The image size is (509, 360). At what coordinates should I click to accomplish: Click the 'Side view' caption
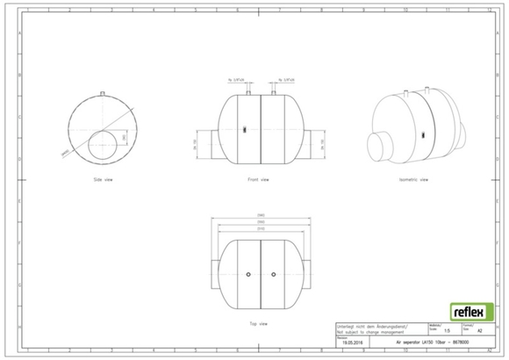pyautogui.click(x=104, y=179)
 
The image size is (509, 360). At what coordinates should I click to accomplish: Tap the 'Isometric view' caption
pyautogui.click(x=412, y=179)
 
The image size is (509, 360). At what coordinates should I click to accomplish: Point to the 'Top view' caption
pyautogui.click(x=258, y=323)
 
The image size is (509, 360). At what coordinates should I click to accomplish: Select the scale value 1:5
pyautogui.click(x=448, y=331)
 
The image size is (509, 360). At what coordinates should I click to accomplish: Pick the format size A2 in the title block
pyautogui.click(x=479, y=331)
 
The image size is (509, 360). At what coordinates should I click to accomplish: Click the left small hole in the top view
pyautogui.click(x=248, y=275)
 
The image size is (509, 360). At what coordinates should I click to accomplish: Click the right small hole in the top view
pyautogui.click(x=273, y=275)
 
